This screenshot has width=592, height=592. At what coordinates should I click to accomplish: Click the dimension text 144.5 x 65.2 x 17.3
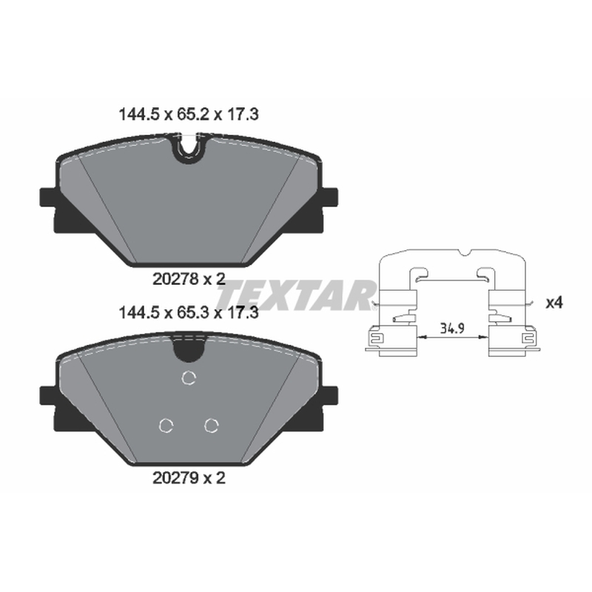[x=189, y=115]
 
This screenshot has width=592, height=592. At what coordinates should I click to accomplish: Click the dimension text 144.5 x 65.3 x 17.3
[x=189, y=313]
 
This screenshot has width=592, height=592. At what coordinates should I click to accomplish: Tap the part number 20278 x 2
[x=189, y=280]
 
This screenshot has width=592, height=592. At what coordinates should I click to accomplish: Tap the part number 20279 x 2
[x=189, y=478]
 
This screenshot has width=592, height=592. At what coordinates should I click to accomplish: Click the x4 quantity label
[x=554, y=303]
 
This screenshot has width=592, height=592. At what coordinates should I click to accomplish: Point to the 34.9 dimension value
[x=452, y=329]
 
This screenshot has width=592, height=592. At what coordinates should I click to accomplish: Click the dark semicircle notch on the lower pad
[x=189, y=347]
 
